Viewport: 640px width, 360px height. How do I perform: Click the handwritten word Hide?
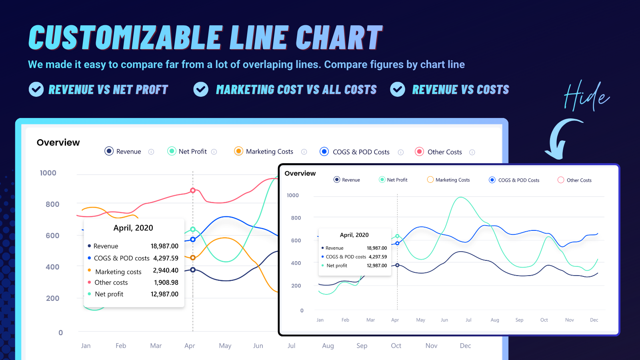(x=586, y=96)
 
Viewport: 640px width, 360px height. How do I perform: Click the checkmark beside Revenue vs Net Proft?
(x=36, y=89)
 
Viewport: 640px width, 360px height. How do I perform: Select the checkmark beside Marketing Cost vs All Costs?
(x=201, y=89)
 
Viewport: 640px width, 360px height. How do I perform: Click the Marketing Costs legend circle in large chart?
(x=238, y=151)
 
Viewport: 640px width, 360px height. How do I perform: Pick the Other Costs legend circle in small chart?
(x=561, y=180)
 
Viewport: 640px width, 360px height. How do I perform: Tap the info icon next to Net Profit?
(x=214, y=152)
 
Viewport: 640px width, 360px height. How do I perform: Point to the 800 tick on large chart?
(x=52, y=204)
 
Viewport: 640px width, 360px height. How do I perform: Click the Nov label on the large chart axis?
(x=431, y=346)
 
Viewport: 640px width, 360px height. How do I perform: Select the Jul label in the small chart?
(x=468, y=320)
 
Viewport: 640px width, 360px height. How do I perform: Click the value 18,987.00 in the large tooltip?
(x=164, y=246)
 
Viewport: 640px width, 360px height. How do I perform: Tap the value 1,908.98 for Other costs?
(x=166, y=282)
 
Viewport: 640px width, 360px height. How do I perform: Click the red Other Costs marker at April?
(x=193, y=190)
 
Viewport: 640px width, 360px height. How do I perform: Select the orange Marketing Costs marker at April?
(x=193, y=258)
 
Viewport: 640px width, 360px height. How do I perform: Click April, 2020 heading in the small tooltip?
(x=354, y=235)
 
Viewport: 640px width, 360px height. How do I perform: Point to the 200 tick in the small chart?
(x=296, y=286)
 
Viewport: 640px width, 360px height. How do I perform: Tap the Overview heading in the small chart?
(x=300, y=173)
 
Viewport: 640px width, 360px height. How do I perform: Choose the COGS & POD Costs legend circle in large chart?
(x=324, y=152)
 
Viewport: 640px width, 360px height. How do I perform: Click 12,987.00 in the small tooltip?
(x=377, y=266)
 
